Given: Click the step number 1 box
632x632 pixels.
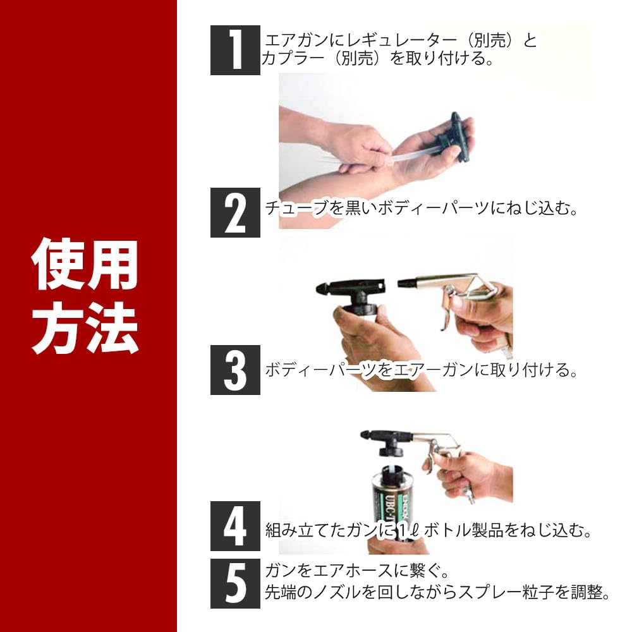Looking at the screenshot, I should click(235, 50).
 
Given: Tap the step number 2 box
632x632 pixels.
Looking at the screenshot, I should click(235, 212).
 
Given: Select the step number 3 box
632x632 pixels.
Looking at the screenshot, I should click(235, 370).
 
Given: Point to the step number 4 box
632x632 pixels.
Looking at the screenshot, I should click(235, 526).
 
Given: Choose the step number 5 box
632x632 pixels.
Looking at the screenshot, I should click(235, 583).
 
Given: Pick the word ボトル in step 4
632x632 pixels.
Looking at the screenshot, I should click(447, 530).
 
